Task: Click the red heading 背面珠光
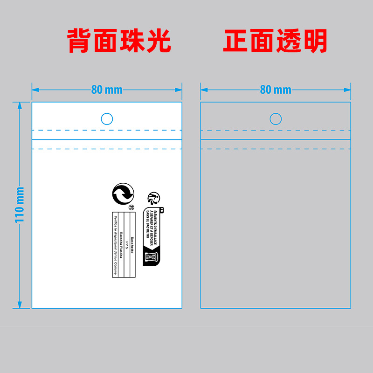click(x=119, y=41)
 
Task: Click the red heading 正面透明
click(x=275, y=41)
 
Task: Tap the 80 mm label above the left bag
click(x=107, y=90)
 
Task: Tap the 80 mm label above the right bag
click(x=276, y=90)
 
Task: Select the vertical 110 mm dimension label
click(x=20, y=205)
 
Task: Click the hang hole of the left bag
click(x=107, y=119)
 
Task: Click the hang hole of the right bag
click(x=276, y=119)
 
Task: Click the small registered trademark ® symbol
click(x=131, y=207)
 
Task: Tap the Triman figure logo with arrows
click(x=153, y=198)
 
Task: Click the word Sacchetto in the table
click(x=132, y=245)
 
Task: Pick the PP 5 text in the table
click(x=126, y=245)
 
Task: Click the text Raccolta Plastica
click(x=121, y=245)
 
